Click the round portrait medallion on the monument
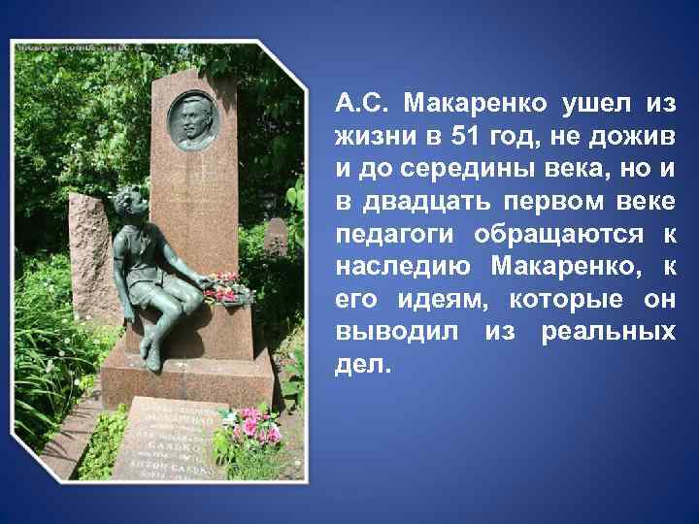pos(194,120)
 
